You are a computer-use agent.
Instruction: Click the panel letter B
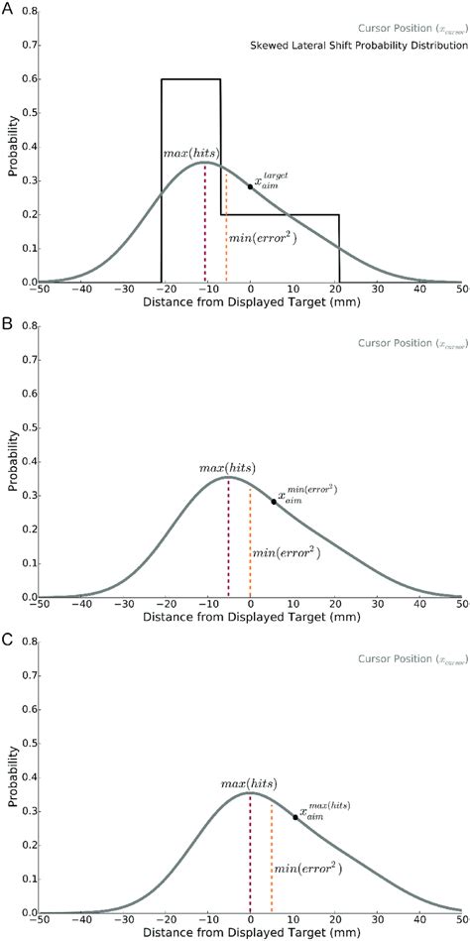(7, 322)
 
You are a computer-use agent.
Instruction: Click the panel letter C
(7, 638)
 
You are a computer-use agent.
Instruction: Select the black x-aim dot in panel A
(251, 186)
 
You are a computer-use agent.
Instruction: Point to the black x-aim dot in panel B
(274, 502)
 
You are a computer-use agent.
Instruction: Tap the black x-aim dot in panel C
(294, 817)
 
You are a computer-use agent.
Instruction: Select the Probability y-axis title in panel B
(10, 461)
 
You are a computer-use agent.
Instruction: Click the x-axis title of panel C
(250, 935)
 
